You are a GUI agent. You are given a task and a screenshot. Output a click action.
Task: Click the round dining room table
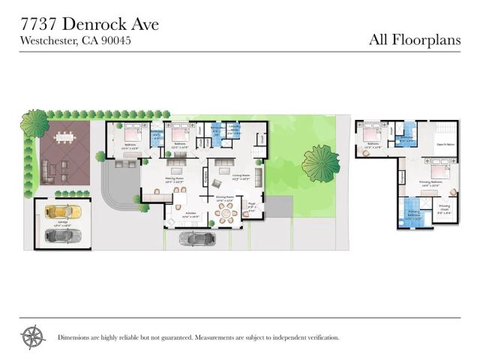click(226, 216)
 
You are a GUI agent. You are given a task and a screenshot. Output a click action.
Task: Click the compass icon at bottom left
click(34, 337)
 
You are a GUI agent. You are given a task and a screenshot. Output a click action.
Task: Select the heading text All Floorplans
click(415, 40)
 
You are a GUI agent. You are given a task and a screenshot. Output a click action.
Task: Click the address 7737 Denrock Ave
click(89, 24)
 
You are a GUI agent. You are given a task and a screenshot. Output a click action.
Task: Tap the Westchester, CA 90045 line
click(75, 40)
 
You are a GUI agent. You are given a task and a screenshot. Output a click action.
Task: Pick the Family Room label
click(175, 178)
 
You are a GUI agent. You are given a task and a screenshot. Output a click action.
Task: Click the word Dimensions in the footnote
click(75, 337)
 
